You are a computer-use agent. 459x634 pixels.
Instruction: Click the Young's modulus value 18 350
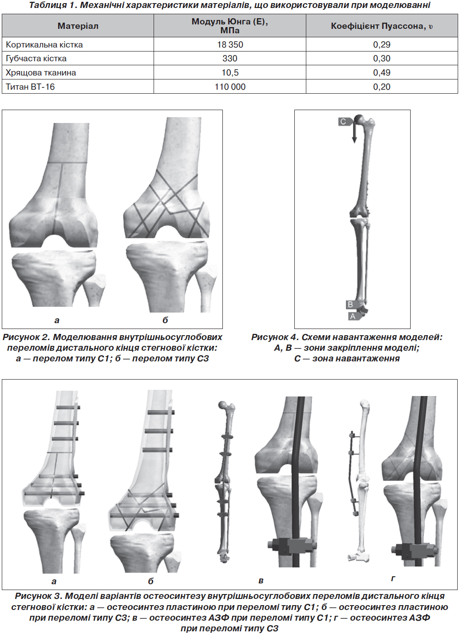(x=230, y=44)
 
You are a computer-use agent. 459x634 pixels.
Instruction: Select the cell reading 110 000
(x=230, y=87)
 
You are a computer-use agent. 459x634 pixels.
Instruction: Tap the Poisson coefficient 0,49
(x=382, y=72)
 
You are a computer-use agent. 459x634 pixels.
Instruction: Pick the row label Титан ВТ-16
(x=30, y=87)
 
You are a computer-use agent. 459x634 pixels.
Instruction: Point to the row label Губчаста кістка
(x=36, y=59)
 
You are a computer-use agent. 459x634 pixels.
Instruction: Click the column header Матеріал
(x=78, y=26)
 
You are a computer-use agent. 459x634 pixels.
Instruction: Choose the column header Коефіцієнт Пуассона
(x=382, y=26)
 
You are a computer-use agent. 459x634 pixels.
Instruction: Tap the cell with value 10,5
(x=230, y=72)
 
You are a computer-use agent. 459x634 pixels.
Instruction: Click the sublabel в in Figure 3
(x=261, y=581)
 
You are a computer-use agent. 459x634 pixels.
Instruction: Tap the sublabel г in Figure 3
(x=393, y=579)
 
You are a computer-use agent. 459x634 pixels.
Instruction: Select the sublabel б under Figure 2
(x=165, y=320)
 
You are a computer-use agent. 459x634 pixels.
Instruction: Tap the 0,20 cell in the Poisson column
(x=382, y=87)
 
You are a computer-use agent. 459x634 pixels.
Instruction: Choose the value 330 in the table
(x=230, y=59)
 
